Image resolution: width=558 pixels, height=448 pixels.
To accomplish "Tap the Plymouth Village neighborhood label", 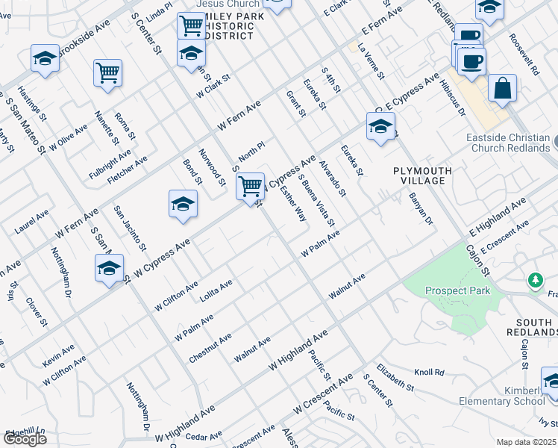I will click(x=423, y=176).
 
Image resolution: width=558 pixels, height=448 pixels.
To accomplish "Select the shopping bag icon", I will click(x=502, y=87).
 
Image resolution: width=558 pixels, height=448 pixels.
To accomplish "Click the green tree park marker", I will click(x=534, y=280).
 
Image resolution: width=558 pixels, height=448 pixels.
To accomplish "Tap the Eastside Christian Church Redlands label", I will click(x=507, y=143).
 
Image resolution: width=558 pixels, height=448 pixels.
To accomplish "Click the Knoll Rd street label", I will click(x=429, y=372).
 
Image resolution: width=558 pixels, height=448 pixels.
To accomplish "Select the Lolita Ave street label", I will click(x=216, y=290).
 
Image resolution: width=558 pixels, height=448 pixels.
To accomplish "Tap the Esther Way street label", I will click(x=292, y=204).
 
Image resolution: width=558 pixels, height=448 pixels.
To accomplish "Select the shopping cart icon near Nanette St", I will click(x=108, y=73).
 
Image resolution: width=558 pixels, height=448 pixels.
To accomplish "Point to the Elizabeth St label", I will click(x=395, y=378).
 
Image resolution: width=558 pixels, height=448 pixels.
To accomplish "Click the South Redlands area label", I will click(x=531, y=326).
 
